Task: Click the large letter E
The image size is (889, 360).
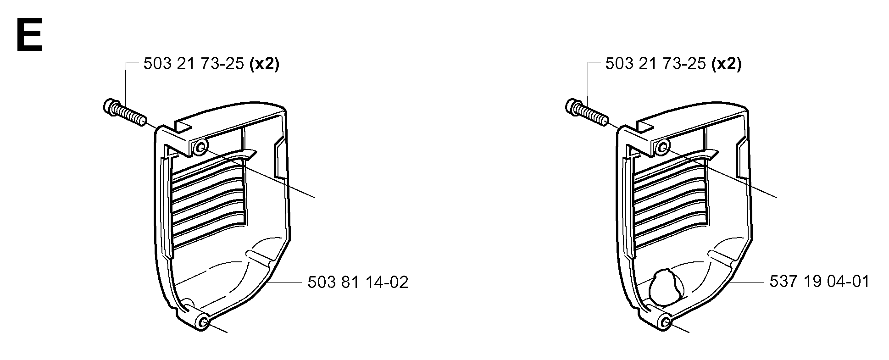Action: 29,35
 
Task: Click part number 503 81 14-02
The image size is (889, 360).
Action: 358,282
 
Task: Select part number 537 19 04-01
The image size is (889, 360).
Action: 820,281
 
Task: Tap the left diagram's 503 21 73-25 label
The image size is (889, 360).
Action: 193,64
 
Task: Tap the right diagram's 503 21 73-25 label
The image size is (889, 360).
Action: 655,64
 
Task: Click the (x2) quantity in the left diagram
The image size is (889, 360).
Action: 264,64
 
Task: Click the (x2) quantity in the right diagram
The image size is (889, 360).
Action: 726,64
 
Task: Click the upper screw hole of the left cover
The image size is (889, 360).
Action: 200,148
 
